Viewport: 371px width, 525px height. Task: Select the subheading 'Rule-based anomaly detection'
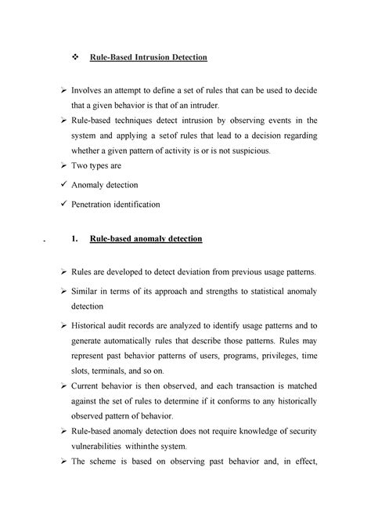pos(146,238)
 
